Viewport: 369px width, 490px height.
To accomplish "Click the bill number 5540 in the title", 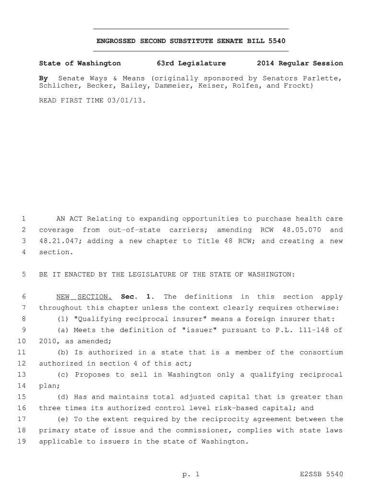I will coord(277,41).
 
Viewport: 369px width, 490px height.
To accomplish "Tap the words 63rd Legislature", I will coord(191,63).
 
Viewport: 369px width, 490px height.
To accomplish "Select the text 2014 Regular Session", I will coord(300,63).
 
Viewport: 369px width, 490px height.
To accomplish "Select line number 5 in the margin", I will coord(23,275).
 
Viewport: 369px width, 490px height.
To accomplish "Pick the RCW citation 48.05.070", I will coord(301,230).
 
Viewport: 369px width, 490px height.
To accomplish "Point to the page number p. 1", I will coord(190,475).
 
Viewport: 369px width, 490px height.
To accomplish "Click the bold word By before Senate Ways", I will coord(43,78).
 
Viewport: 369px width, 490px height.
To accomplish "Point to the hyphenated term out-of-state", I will coord(134,230).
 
